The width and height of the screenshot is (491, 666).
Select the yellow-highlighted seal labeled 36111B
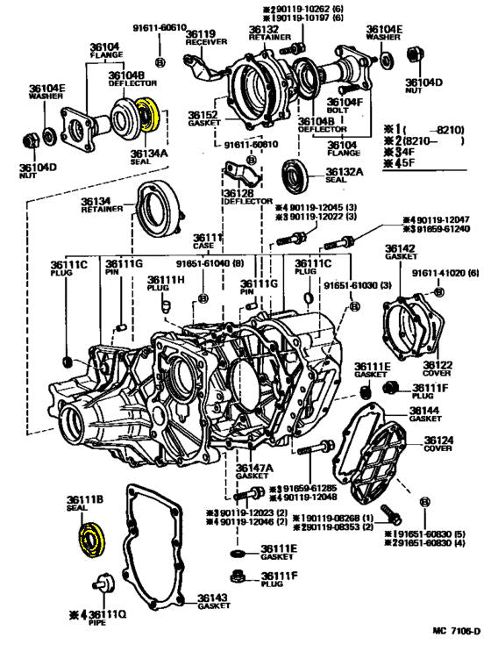pyautogui.click(x=90, y=538)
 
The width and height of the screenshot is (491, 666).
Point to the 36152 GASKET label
pyautogui.click(x=203, y=118)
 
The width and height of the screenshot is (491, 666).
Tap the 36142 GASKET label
pyautogui.click(x=401, y=254)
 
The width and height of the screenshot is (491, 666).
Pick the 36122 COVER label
pyautogui.click(x=437, y=369)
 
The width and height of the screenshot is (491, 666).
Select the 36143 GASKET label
pyautogui.click(x=213, y=601)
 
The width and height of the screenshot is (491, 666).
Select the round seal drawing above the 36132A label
pyautogui.click(x=295, y=174)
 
